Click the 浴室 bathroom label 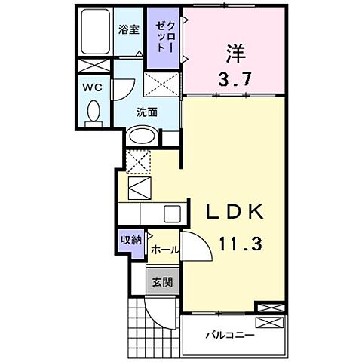128,31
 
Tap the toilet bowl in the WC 94,114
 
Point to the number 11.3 235,245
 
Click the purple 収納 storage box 130,241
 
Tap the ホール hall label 164,250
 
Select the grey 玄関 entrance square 162,283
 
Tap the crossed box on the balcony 271,321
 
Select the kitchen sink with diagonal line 140,186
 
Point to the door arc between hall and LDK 193,247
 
